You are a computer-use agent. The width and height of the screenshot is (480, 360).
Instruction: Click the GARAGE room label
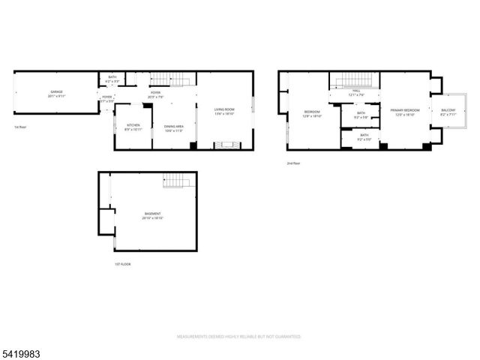coord(56,91)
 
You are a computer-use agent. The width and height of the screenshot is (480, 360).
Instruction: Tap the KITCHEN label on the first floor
coord(133,124)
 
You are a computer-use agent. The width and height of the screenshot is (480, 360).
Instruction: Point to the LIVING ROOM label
coord(224,109)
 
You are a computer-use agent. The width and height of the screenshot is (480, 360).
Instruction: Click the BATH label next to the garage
coord(112,76)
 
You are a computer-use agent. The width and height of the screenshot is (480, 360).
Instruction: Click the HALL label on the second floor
coord(355,91)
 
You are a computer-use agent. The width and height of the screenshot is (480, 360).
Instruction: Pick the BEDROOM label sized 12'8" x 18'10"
coord(311,112)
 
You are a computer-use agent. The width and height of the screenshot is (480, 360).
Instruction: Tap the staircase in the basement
coord(175,181)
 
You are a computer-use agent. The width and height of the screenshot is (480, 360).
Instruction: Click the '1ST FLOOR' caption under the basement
coord(122,264)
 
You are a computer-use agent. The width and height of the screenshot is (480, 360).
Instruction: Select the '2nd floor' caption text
coord(293,163)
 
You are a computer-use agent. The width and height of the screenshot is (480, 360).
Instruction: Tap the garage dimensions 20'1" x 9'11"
coord(56,96)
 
